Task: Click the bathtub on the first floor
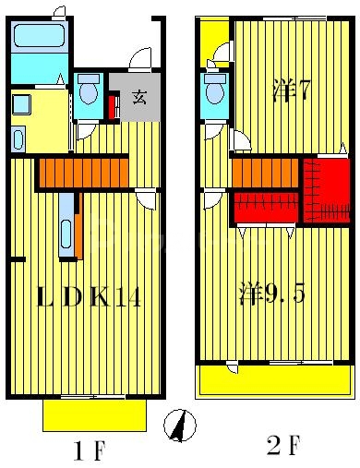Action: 39,41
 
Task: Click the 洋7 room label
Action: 292,90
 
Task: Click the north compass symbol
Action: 181,426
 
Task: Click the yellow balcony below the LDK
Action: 95,414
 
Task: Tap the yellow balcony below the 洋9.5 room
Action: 274,379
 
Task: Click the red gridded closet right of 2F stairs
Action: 327,190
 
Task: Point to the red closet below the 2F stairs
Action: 266,207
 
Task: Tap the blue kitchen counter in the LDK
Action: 66,224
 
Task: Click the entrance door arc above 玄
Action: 140,59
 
